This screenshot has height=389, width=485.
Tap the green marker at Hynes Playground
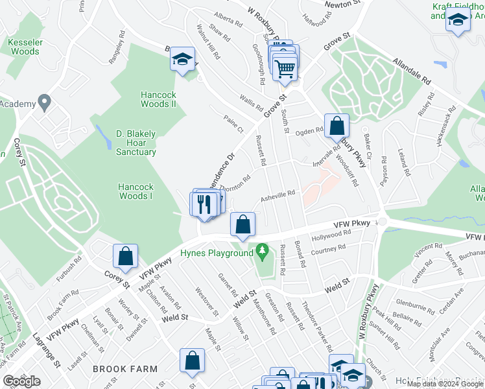pyautogui.click(x=263, y=250)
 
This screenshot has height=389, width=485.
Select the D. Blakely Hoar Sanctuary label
pyautogui.click(x=136, y=143)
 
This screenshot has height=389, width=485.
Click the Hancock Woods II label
pyautogui.click(x=159, y=99)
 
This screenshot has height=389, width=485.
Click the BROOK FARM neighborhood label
pyautogui.click(x=124, y=368)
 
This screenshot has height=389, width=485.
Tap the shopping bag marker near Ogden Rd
pyautogui.click(x=337, y=125)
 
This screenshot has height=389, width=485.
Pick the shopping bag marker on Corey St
pyautogui.click(x=125, y=256)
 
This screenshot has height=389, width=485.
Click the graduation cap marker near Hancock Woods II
pyautogui.click(x=183, y=60)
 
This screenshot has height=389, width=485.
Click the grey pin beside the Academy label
pyautogui.click(x=44, y=102)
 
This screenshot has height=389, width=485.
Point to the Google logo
pyautogui.click(x=21, y=381)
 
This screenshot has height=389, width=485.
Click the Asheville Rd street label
pyautogui.click(x=278, y=193)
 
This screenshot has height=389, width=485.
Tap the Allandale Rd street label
pyautogui.click(x=410, y=73)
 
